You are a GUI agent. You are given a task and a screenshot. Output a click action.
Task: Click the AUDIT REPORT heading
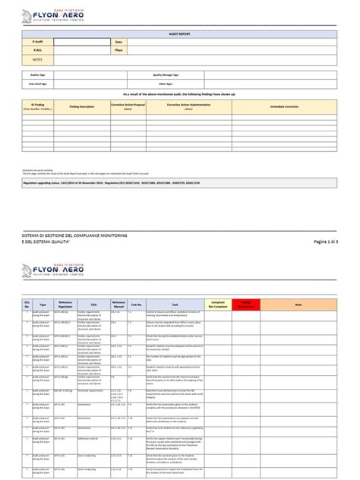tap(180, 34)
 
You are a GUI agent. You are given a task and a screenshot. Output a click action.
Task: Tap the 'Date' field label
tap(118, 41)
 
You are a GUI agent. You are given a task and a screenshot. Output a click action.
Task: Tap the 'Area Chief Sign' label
tap(41, 84)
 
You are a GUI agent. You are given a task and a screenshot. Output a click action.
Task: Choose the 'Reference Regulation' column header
tap(65, 282)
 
